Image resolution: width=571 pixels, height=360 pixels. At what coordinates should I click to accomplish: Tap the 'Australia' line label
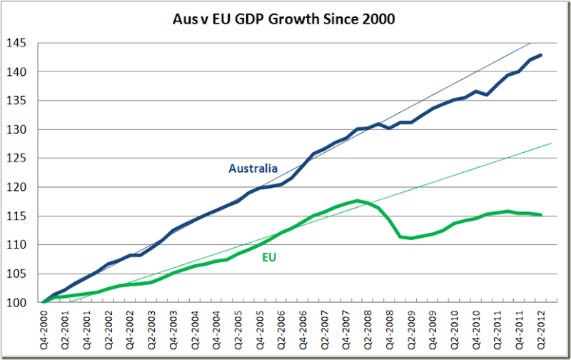tap(253, 169)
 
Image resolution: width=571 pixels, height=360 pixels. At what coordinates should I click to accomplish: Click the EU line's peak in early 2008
tap(356, 201)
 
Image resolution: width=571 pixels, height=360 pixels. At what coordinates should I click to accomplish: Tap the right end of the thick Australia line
tap(541, 55)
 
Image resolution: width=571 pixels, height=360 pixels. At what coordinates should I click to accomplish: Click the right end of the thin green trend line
tap(551, 144)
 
